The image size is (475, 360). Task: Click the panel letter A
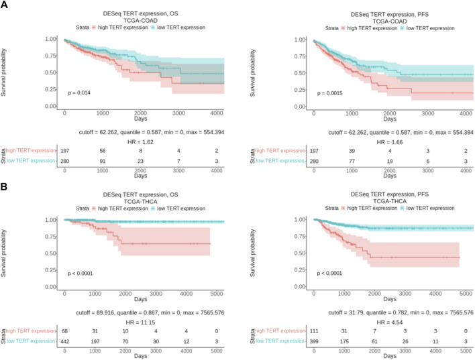5,5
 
